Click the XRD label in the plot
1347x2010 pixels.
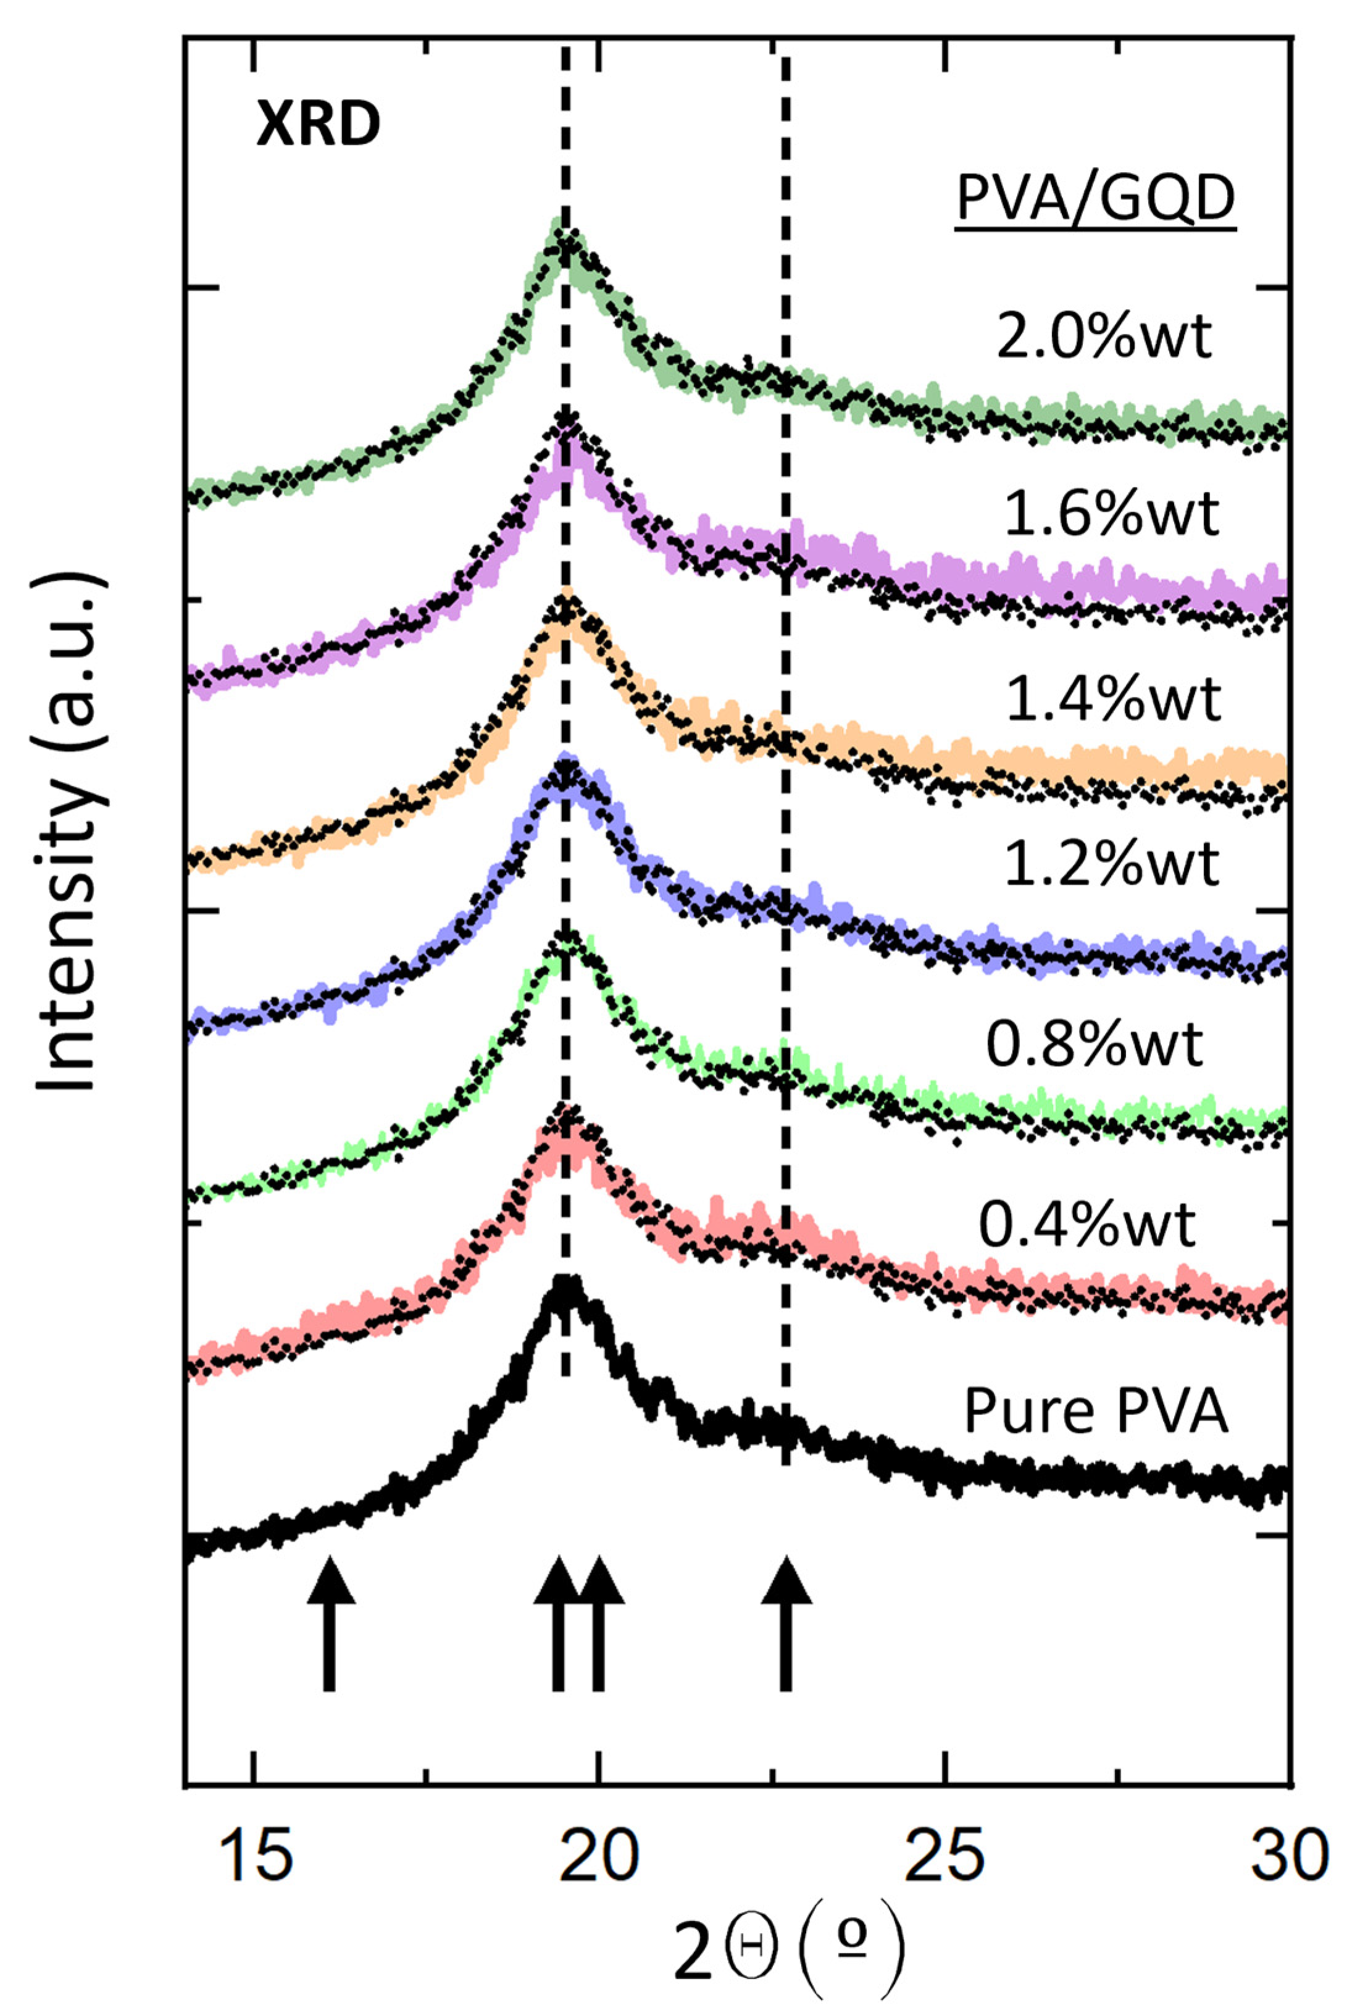318,125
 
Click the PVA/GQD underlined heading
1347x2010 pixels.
1095,199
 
